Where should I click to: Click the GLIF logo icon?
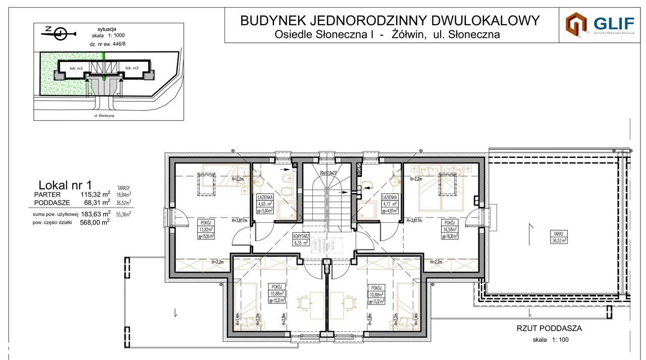pyautogui.click(x=576, y=24)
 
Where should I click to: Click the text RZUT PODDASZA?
pyautogui.click(x=549, y=328)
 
